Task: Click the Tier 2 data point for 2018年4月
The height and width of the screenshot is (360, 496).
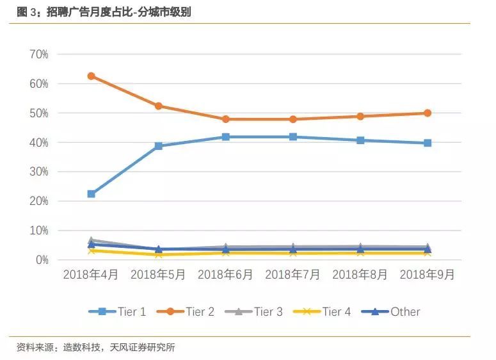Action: pos(91,76)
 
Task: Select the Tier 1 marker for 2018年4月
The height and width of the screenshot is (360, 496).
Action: pos(91,193)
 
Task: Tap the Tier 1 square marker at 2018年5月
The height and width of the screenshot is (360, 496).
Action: pos(158,146)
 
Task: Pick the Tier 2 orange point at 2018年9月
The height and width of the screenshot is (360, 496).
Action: pos(428,113)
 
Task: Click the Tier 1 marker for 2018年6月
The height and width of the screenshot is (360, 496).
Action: pos(225,137)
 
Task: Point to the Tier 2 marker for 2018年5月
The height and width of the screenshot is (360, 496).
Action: pos(158,106)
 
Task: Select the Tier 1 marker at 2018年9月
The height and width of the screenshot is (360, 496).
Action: pos(428,143)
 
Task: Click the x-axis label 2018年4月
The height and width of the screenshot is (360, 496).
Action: pos(91,275)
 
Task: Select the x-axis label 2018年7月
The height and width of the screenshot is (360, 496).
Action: pos(292,275)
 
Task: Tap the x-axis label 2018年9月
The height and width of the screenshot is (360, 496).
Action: pos(428,275)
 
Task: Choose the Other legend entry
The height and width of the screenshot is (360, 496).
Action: pos(391,312)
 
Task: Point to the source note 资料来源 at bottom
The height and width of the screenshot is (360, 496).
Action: pos(96,347)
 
